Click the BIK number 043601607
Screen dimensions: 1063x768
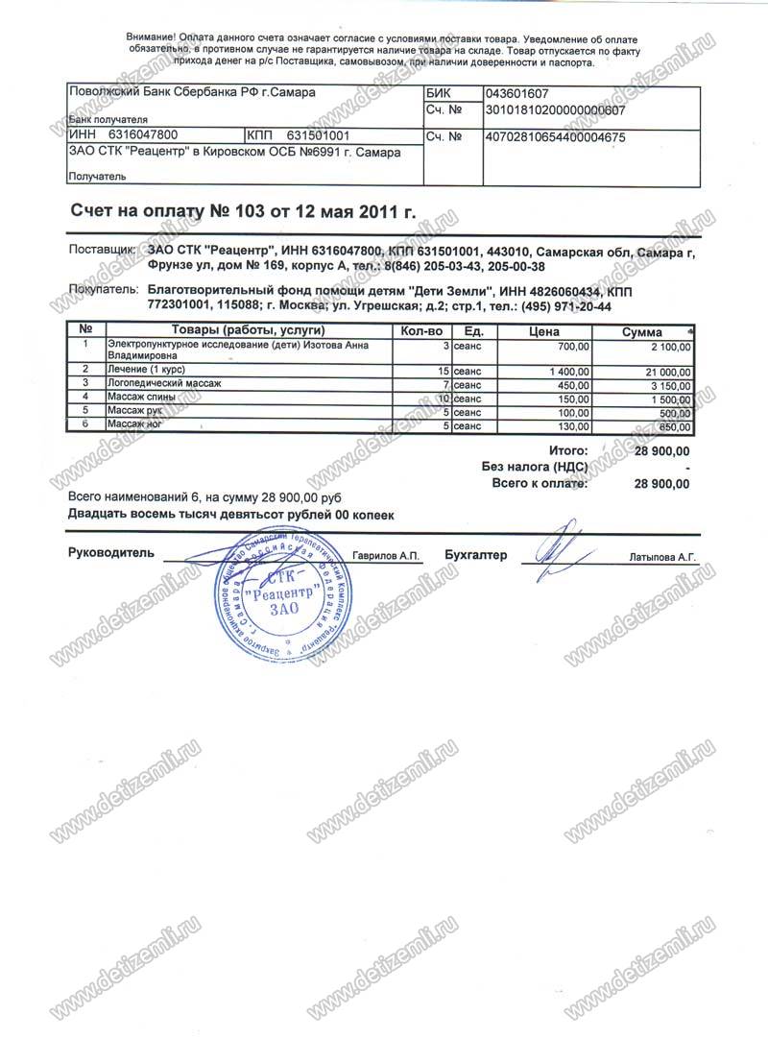tap(518, 95)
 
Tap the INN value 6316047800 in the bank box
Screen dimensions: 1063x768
tap(142, 136)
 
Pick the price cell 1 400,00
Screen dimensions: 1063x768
tap(571, 370)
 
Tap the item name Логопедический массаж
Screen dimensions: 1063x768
tap(164, 383)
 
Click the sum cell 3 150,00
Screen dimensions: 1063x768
tap(669, 384)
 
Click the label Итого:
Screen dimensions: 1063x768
tap(567, 449)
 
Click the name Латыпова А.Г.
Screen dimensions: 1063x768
tap(661, 556)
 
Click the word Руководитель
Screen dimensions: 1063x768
tap(110, 554)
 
